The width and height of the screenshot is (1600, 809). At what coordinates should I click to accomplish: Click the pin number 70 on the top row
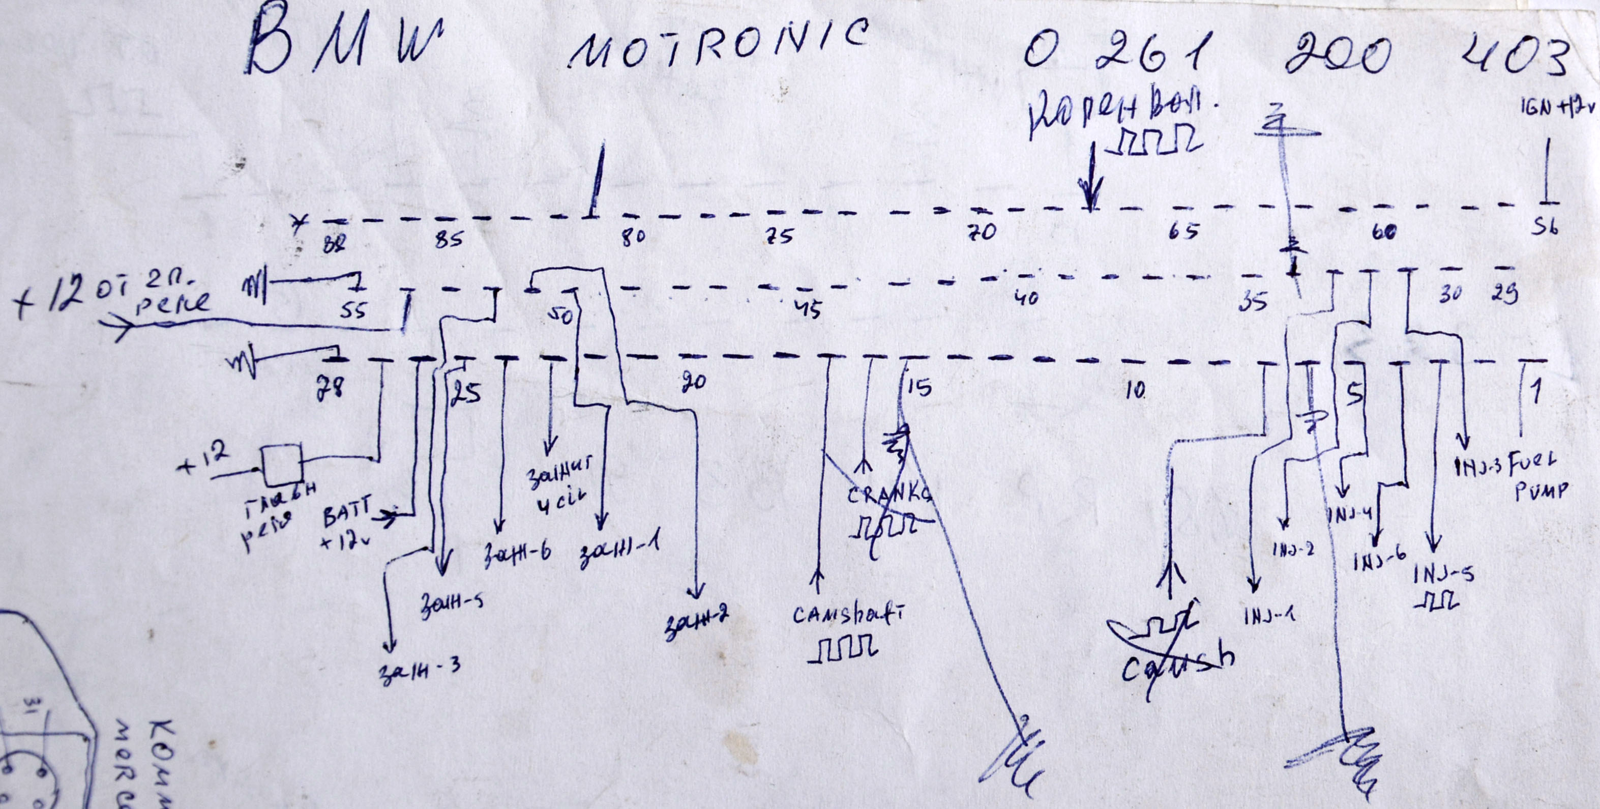click(x=982, y=233)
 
